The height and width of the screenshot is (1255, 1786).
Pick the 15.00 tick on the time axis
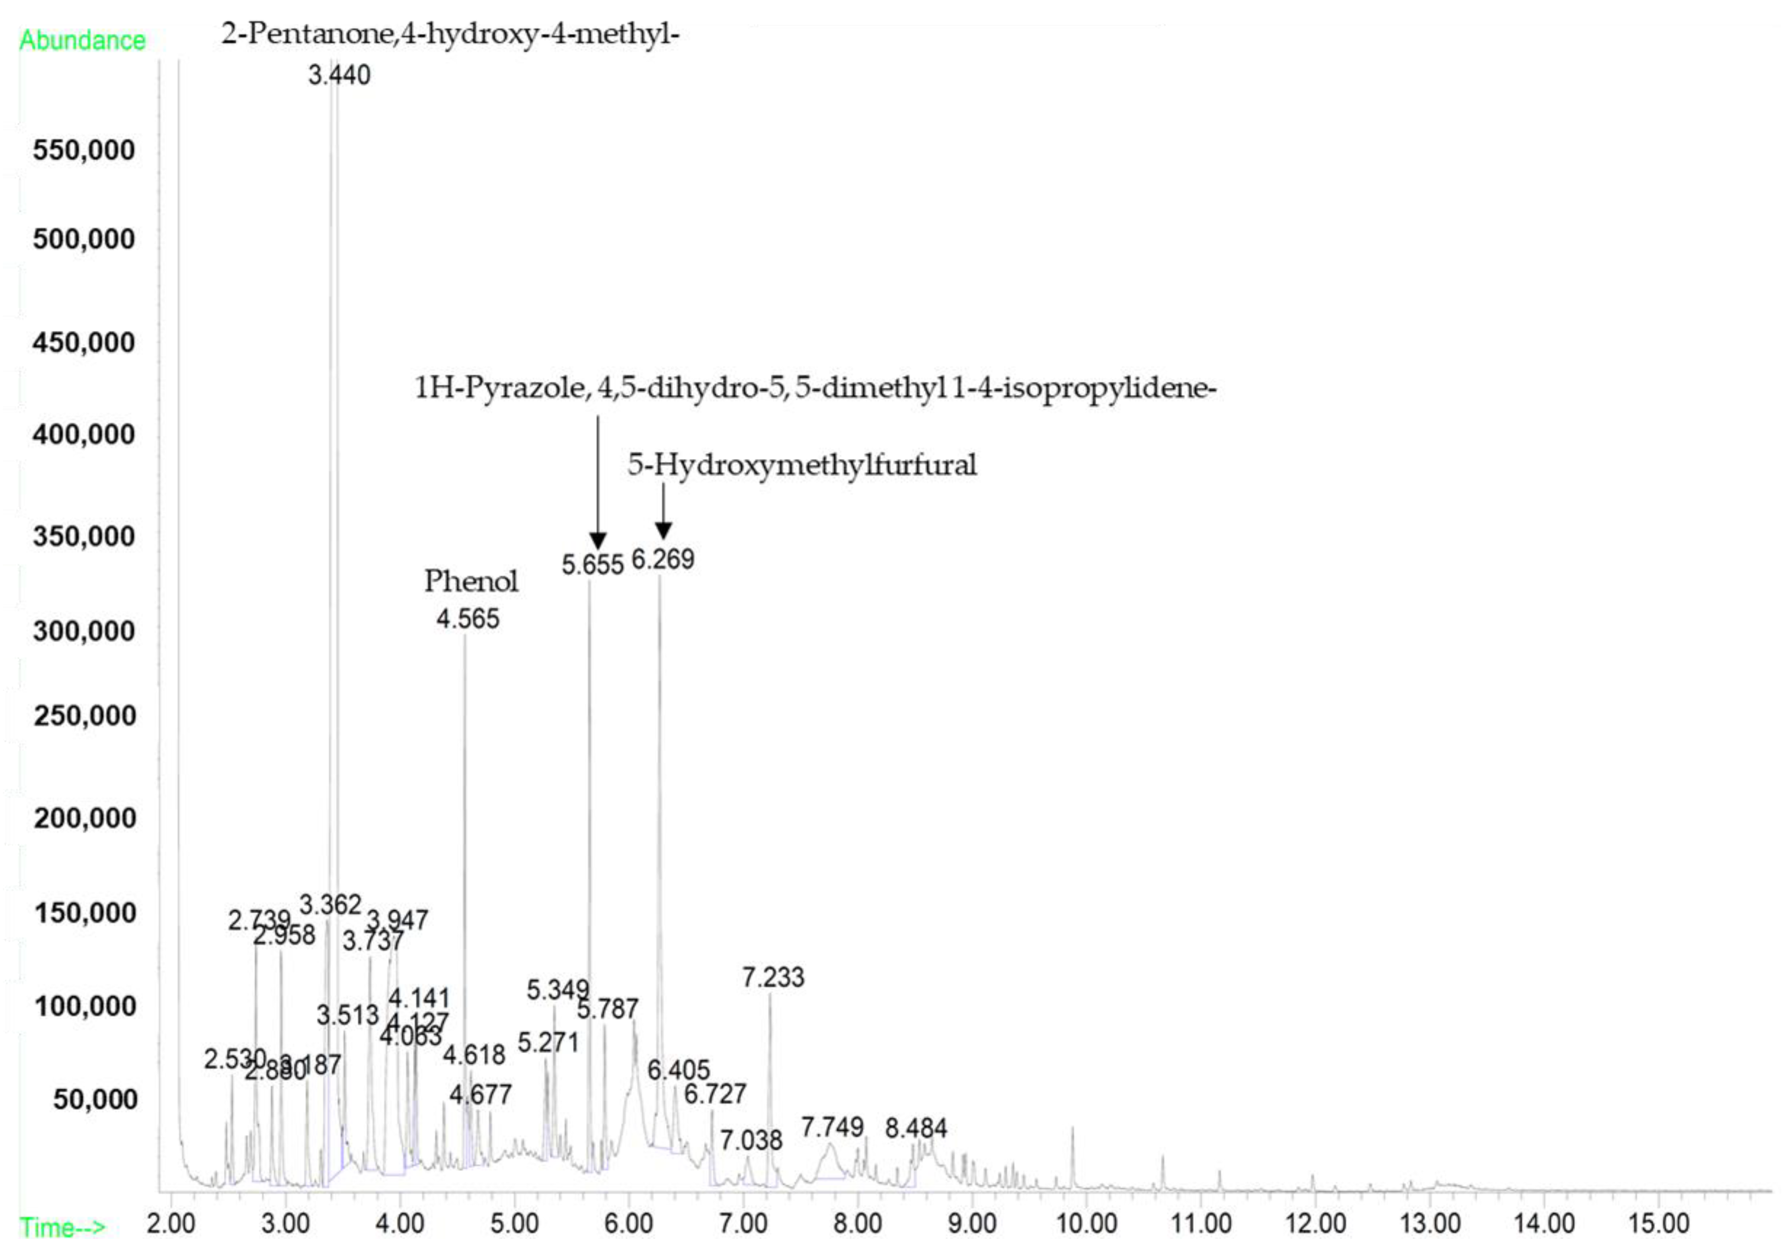click(1658, 1223)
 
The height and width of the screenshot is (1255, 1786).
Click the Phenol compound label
click(470, 581)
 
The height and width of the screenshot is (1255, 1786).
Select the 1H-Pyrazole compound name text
click(815, 387)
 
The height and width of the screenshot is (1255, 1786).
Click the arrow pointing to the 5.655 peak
click(597, 482)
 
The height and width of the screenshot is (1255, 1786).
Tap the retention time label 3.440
click(339, 75)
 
